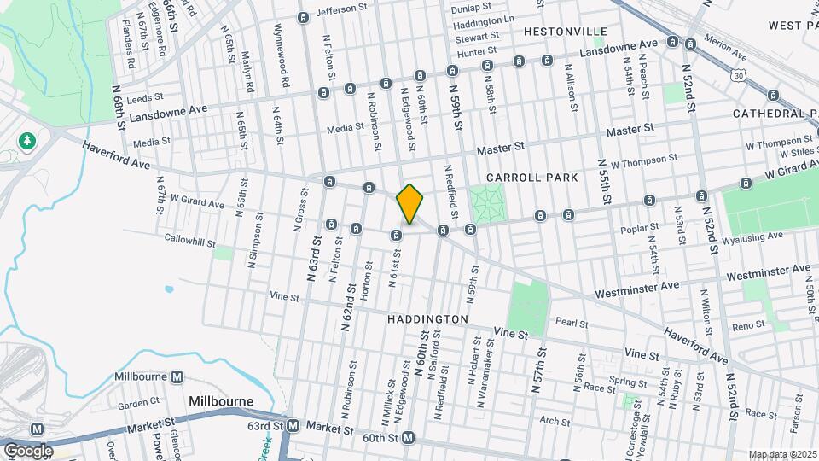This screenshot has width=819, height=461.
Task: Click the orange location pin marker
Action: [x=409, y=204]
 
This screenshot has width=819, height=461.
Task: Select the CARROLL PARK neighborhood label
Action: [x=532, y=178]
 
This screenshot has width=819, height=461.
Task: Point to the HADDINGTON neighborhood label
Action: [x=427, y=318]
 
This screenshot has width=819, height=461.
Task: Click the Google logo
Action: [x=27, y=450]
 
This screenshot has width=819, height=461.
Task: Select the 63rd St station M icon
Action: [x=293, y=425]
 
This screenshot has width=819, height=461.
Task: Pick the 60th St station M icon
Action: [x=408, y=439]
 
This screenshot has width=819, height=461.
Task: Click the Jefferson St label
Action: [x=346, y=12]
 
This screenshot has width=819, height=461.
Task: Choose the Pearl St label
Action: [x=572, y=324]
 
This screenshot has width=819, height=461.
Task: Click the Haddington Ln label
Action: [x=484, y=20]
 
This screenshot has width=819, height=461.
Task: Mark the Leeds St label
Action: [x=144, y=100]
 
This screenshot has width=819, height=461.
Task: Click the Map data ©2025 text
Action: [x=782, y=454]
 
